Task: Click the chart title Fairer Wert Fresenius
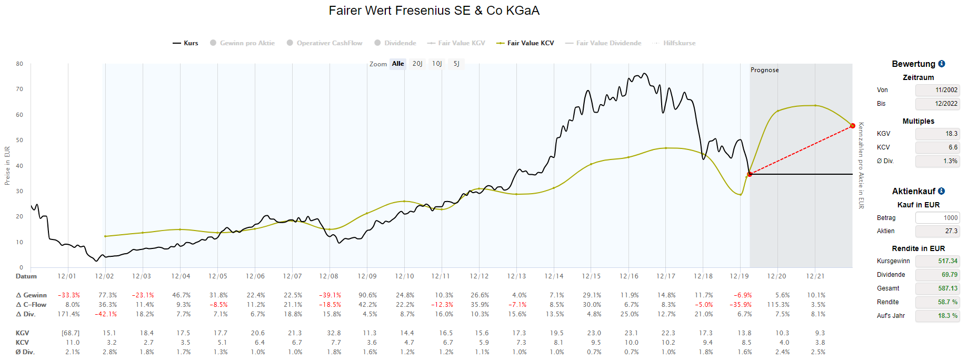[434, 11]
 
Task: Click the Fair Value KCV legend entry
[525, 43]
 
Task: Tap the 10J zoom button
[437, 64]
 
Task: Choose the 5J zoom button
[456, 64]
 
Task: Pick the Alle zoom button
[398, 64]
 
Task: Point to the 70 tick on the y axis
[19, 89]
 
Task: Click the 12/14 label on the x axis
[554, 276]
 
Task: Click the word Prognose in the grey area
[764, 70]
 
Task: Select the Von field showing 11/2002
[937, 90]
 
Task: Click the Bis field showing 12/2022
[937, 104]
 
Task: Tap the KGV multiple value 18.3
[937, 134]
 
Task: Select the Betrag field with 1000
[937, 218]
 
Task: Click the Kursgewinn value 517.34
[937, 261]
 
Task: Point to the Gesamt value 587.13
[937, 288]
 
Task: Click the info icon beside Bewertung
[942, 64]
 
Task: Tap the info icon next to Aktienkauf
[941, 191]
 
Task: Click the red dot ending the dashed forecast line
[852, 126]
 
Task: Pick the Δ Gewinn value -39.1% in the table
[330, 295]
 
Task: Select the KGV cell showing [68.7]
[71, 333]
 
